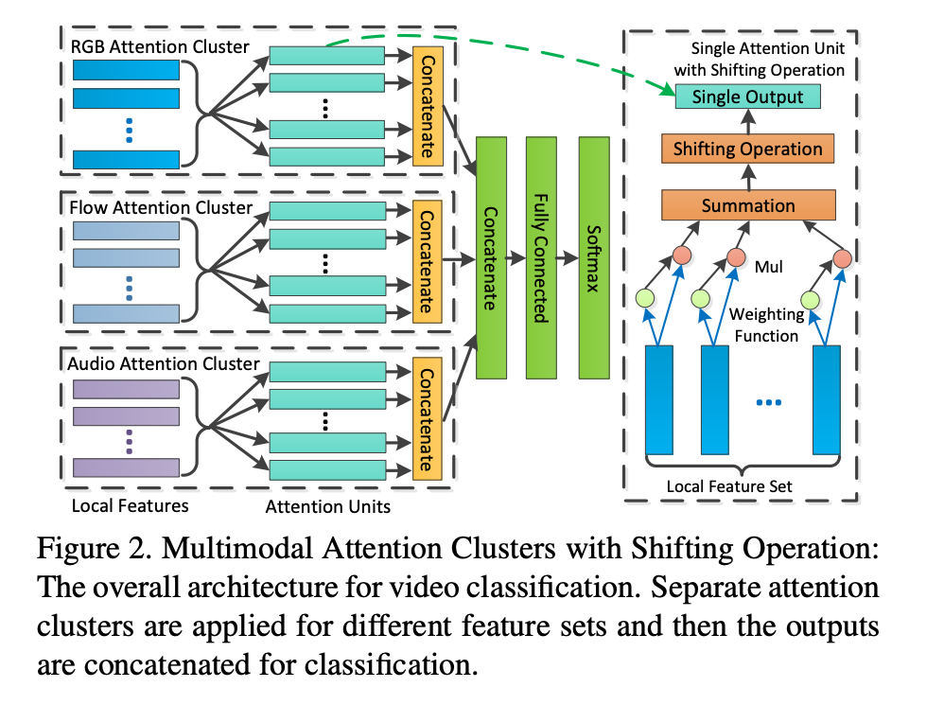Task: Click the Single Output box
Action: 747,97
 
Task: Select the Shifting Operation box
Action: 747,149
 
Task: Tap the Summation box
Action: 747,205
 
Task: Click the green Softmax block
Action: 593,256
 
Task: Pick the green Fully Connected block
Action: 541,256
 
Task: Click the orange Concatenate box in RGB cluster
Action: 427,105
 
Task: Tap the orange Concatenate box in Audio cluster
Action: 427,417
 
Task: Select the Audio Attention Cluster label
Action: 164,363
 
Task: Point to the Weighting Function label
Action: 766,324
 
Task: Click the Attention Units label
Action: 327,505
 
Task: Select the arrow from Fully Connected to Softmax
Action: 567,256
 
